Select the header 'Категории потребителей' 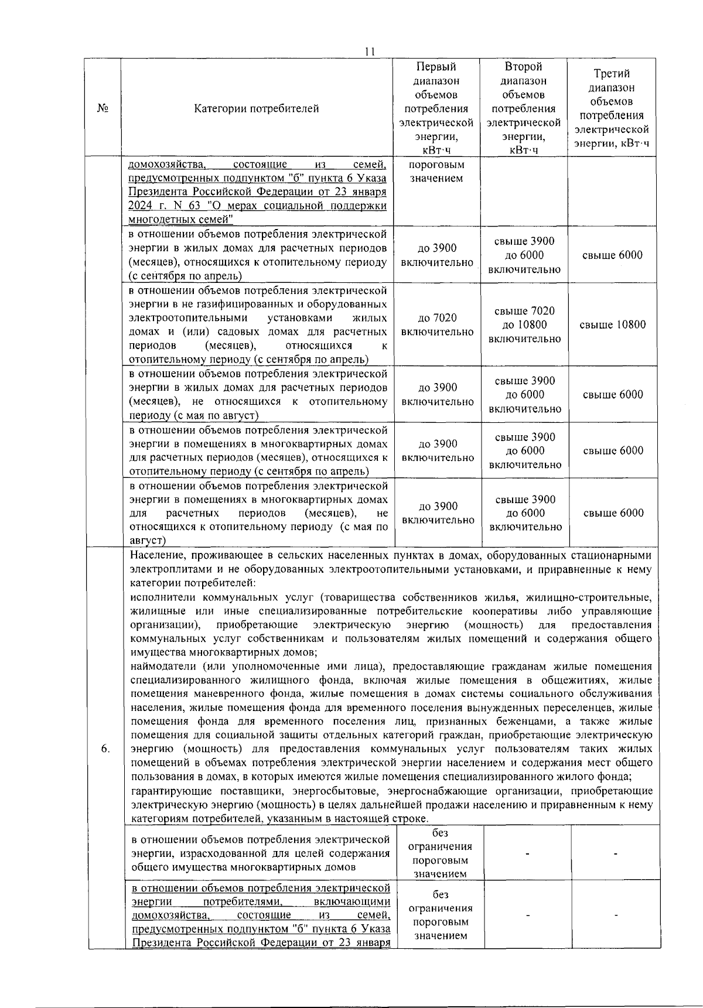257,108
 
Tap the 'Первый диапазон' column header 436,108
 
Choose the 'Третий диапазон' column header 612,108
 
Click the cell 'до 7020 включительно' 437,325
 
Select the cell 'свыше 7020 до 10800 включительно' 524,325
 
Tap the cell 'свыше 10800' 612,325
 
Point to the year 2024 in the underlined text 140,206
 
